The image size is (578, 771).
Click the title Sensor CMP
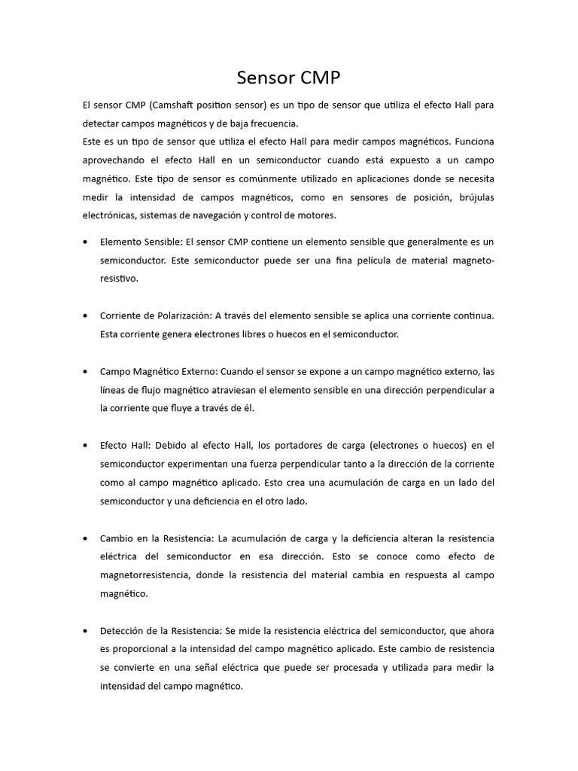[x=288, y=78]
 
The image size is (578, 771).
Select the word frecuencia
[x=272, y=123]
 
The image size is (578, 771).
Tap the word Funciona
[x=475, y=142]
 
